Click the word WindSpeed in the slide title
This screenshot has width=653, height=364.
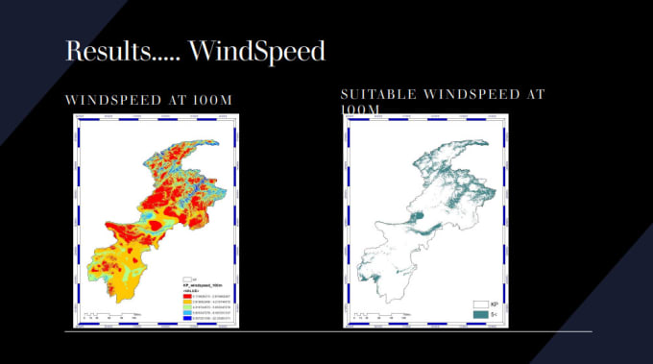pos(257,51)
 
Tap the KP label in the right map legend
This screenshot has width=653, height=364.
pos(495,303)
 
